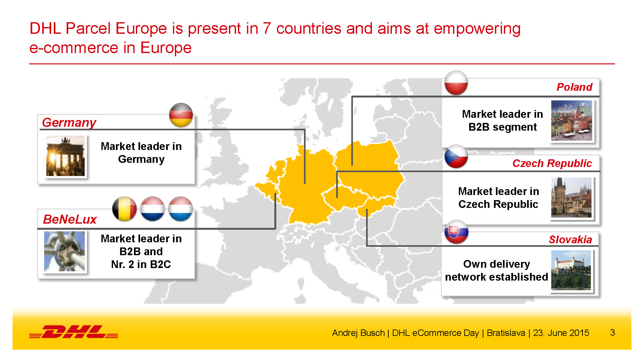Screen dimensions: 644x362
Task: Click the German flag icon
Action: (181, 115)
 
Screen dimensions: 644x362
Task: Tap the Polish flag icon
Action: (456, 83)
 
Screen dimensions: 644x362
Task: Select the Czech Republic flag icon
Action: (456, 156)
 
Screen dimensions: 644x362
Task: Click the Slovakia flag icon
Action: (456, 232)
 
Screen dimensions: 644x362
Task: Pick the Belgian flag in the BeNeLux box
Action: (125, 209)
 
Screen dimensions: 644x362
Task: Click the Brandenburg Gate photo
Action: (66, 156)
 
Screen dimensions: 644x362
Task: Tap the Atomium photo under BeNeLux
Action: (64, 251)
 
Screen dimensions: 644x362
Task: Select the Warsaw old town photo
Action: (572, 120)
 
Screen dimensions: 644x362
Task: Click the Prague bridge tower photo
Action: (571, 197)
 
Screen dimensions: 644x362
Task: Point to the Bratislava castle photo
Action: (571, 270)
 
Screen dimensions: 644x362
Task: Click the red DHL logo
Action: (74, 332)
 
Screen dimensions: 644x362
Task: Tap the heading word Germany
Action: (69, 123)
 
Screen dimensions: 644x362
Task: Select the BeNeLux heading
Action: (70, 219)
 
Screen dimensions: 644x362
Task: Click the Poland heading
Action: (574, 87)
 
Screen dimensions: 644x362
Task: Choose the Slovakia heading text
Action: (570, 239)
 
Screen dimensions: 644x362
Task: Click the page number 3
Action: (612, 332)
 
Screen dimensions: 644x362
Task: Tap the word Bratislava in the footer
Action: (506, 333)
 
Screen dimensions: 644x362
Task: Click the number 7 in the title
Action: (267, 28)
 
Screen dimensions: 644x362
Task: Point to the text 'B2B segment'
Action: (503, 127)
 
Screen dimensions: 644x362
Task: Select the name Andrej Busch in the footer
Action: (358, 333)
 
